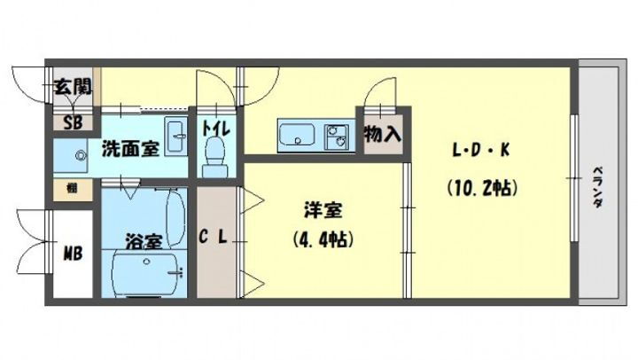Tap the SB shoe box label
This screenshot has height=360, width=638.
pos(66,123)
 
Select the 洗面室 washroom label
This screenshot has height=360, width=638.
pos(130,148)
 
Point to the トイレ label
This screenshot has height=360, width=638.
pos(215,126)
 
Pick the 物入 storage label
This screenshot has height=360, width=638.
pos(382,136)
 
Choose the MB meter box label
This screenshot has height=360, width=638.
pos(73,254)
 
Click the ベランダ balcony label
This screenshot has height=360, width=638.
pos(598,186)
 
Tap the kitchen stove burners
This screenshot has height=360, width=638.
pos(338,137)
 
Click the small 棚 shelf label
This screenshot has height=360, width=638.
pos(68,188)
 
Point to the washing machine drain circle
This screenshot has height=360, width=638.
pos(82,156)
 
